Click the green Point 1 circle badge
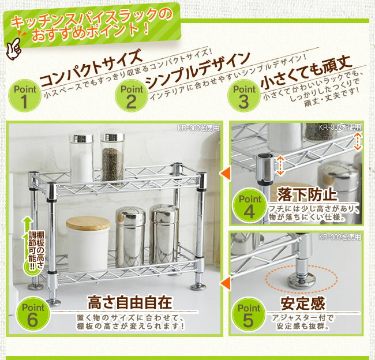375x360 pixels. point(25,96)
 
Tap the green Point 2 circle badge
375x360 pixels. point(132,96)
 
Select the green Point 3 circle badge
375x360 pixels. point(243,96)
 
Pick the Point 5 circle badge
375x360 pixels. point(249,314)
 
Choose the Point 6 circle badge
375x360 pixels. point(33,314)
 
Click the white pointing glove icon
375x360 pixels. point(14,48)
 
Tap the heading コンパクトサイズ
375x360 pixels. point(91,68)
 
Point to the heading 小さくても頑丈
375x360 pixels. point(306,72)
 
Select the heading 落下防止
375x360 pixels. point(307,194)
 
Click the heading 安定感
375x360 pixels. point(303,303)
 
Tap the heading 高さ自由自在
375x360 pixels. point(130,302)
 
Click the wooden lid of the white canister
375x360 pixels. point(88,223)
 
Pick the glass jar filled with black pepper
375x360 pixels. point(112,158)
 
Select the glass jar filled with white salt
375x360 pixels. point(81,158)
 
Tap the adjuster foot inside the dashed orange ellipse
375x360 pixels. point(302,282)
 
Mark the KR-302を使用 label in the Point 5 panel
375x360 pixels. point(340,237)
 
